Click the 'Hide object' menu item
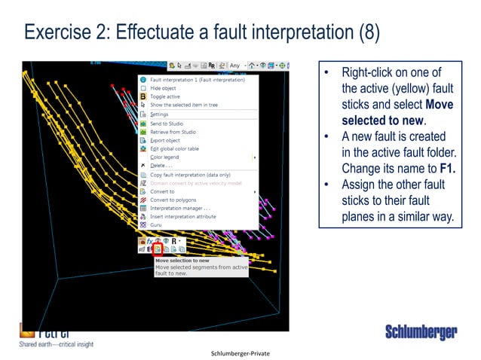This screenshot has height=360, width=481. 164,88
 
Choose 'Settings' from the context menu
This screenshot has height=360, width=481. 159,114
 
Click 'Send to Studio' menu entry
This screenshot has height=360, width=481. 167,123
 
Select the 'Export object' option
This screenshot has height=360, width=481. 167,140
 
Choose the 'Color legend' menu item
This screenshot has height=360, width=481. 166,157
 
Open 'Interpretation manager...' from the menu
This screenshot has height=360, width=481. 179,208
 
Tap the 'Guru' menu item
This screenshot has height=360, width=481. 157,224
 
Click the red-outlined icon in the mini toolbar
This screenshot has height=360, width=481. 158,248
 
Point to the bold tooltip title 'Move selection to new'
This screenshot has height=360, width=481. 184,259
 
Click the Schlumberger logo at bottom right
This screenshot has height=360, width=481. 420,332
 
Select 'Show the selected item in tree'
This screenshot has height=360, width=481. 183,105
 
